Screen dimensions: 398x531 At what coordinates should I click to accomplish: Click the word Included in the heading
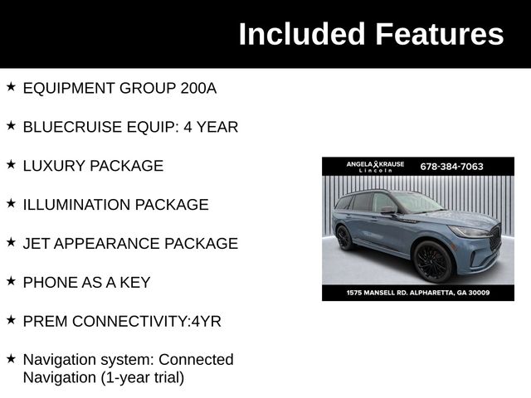(301, 34)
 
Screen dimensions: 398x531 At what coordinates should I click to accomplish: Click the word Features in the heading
(439, 34)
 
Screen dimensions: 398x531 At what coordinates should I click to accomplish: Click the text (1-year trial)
(144, 377)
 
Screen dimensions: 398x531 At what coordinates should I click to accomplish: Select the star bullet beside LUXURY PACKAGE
(11, 164)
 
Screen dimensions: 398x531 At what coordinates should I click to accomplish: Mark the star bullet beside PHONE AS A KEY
(11, 281)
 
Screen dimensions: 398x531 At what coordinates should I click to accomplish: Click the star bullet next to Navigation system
(11, 358)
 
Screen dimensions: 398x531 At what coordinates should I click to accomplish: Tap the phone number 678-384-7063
(451, 166)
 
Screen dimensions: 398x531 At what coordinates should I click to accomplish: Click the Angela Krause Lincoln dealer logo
(375, 166)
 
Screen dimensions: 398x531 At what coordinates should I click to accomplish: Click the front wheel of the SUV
(431, 262)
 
